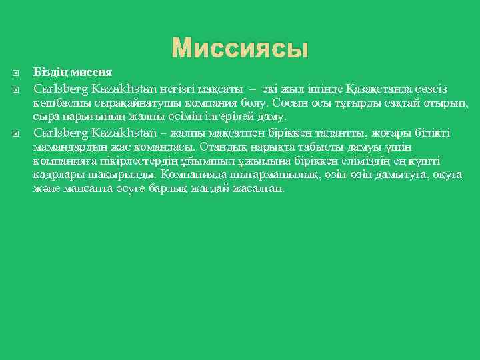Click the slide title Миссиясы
tap(240, 47)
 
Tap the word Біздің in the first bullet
tap(49, 72)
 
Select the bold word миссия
tap(89, 72)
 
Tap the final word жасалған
tap(263, 189)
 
